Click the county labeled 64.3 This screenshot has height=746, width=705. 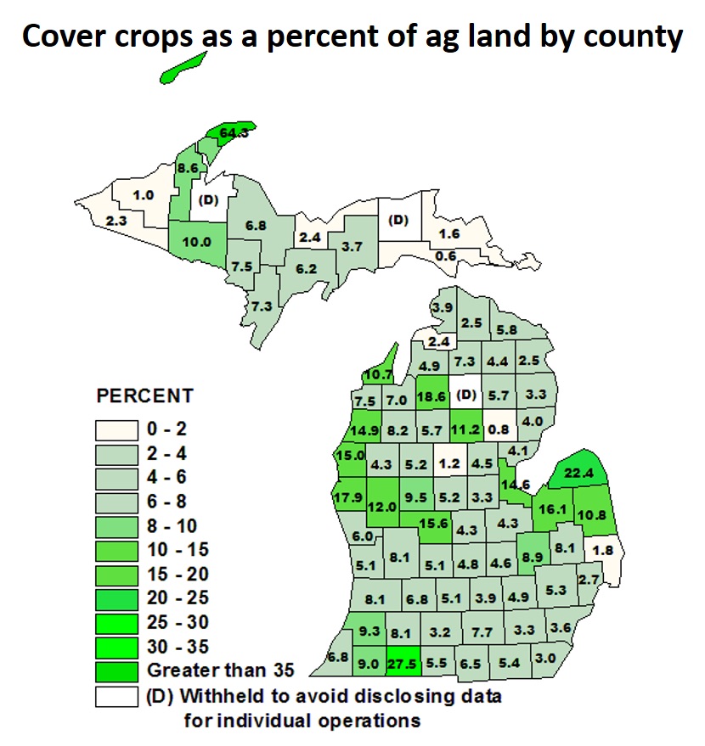pyautogui.click(x=232, y=133)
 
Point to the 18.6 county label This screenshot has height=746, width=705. pyautogui.click(x=432, y=395)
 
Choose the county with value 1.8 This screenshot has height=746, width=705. pyautogui.click(x=605, y=549)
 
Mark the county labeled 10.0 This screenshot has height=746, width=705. pyautogui.click(x=197, y=241)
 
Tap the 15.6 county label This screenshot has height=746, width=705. pyautogui.click(x=433, y=524)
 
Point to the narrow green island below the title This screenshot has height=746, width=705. pyautogui.click(x=183, y=68)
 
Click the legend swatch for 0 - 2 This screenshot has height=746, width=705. pyautogui.click(x=116, y=431)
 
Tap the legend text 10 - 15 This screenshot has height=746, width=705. pyautogui.click(x=175, y=551)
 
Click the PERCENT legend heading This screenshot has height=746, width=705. pyautogui.click(x=144, y=396)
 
